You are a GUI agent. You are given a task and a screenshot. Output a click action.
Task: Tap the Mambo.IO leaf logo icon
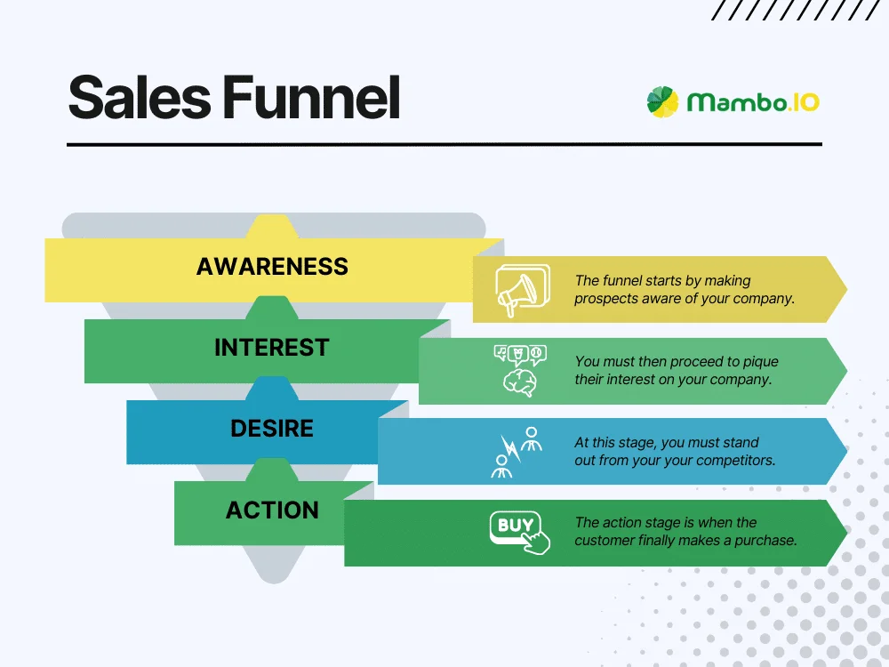pyautogui.click(x=662, y=101)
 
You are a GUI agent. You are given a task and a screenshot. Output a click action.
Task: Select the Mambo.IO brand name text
pyautogui.click(x=753, y=102)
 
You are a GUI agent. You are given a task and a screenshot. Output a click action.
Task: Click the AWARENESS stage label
pyautogui.click(x=272, y=267)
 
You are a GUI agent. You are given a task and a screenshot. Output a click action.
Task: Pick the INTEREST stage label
pyautogui.click(x=271, y=348)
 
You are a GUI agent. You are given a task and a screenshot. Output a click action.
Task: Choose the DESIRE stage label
pyautogui.click(x=271, y=429)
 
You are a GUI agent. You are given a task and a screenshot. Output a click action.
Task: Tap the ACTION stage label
pyautogui.click(x=271, y=510)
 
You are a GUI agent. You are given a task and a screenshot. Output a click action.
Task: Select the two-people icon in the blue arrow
pyautogui.click(x=519, y=452)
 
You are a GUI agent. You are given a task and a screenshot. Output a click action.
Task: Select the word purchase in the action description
pyautogui.click(x=765, y=540)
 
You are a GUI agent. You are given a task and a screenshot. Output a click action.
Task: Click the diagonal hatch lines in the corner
pyautogui.click(x=800, y=10)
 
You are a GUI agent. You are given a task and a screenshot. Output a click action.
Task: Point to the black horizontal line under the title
pyautogui.click(x=444, y=144)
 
